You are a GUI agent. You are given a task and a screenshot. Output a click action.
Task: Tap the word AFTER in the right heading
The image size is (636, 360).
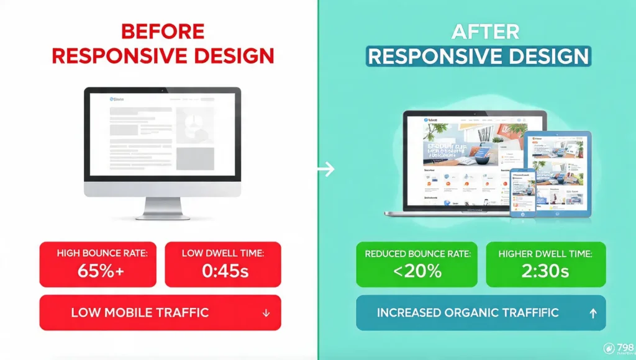coord(478,32)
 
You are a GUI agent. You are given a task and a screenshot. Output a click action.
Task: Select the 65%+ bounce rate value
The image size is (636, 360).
coord(99,271)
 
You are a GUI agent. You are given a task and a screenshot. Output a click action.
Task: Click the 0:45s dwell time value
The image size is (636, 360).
coord(223,271)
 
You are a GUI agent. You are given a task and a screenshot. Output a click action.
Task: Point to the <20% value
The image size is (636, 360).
coord(417,271)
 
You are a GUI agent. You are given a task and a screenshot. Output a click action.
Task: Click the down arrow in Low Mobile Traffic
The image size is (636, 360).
coord(266,313)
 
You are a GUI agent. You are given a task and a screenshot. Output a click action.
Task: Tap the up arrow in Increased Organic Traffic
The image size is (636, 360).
coord(593,313)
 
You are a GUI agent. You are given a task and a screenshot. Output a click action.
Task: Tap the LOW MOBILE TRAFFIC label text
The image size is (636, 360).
coord(140,313)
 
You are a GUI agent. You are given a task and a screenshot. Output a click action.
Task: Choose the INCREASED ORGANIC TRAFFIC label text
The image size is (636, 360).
coord(468,313)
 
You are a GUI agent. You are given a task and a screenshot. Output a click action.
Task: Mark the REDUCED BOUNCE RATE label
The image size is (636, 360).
coord(417,253)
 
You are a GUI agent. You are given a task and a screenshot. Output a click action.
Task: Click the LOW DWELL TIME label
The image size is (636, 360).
coord(223,253)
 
